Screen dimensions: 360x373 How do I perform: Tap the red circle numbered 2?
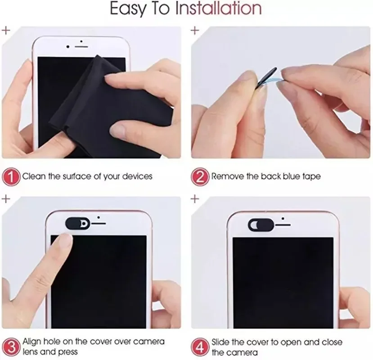pos(200,176)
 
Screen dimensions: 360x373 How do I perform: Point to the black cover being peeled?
pos(266,81)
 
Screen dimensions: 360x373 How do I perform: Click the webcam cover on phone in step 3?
pos(79,222)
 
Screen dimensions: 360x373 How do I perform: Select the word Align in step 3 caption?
pos(32,342)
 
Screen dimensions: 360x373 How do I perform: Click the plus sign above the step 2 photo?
pos(194,31)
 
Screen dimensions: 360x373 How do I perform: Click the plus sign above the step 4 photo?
pos(194,199)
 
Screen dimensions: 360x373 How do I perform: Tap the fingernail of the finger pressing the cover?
pos(65,241)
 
